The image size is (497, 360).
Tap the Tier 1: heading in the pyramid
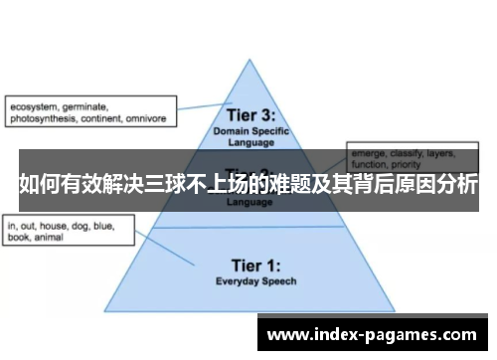click(x=249, y=266)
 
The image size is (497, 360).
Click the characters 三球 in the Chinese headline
click(x=172, y=184)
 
